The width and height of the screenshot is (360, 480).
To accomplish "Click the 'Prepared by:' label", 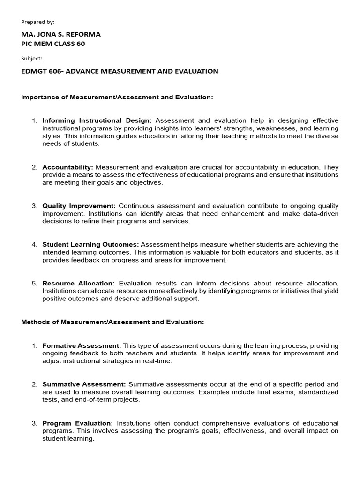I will (38, 22).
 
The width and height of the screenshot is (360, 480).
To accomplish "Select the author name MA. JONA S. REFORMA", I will (61, 34).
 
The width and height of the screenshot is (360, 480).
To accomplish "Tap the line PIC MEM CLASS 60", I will (53, 44).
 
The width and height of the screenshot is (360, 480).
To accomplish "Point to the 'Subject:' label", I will (32, 59).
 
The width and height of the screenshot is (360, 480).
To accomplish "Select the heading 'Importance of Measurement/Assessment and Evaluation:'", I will (117, 97).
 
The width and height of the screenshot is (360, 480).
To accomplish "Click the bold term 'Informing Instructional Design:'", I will (97, 120).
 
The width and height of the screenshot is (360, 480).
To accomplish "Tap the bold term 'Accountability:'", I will (68, 167).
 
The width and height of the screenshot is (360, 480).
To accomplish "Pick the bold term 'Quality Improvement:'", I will (79, 206).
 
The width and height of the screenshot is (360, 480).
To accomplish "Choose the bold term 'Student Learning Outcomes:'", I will (90, 244).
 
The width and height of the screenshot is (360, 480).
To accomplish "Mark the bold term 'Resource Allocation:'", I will (78, 283).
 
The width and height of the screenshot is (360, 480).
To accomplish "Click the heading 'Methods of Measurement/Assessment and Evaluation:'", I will (113, 322).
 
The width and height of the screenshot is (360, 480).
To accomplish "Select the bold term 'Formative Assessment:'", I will (82, 345).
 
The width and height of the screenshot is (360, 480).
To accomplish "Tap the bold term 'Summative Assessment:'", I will (84, 384).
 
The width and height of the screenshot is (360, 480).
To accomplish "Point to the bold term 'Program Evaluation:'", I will (77, 423).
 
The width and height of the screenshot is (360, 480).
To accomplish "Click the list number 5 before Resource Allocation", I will (34, 283).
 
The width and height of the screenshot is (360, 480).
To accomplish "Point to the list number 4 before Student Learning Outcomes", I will (34, 244).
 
